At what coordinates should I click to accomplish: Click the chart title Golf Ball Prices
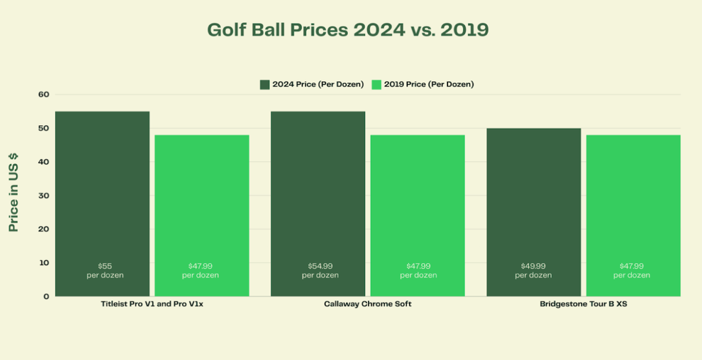[x=347, y=30]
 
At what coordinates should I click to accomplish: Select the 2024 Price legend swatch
[x=264, y=84]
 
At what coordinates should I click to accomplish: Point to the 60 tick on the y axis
[x=44, y=94]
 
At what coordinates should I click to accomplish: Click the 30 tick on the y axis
[x=44, y=196]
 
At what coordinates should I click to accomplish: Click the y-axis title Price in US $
[x=13, y=193]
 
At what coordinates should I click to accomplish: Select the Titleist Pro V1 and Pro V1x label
[x=152, y=304]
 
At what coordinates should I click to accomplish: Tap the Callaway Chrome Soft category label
[x=367, y=304]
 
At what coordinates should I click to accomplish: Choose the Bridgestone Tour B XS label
[x=583, y=304]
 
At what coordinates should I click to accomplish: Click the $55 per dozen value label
[x=102, y=270]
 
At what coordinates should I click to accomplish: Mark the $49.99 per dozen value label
[x=533, y=270]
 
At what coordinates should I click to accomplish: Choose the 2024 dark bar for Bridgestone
[x=533, y=199]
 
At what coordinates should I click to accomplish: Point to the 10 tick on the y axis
[x=44, y=263]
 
